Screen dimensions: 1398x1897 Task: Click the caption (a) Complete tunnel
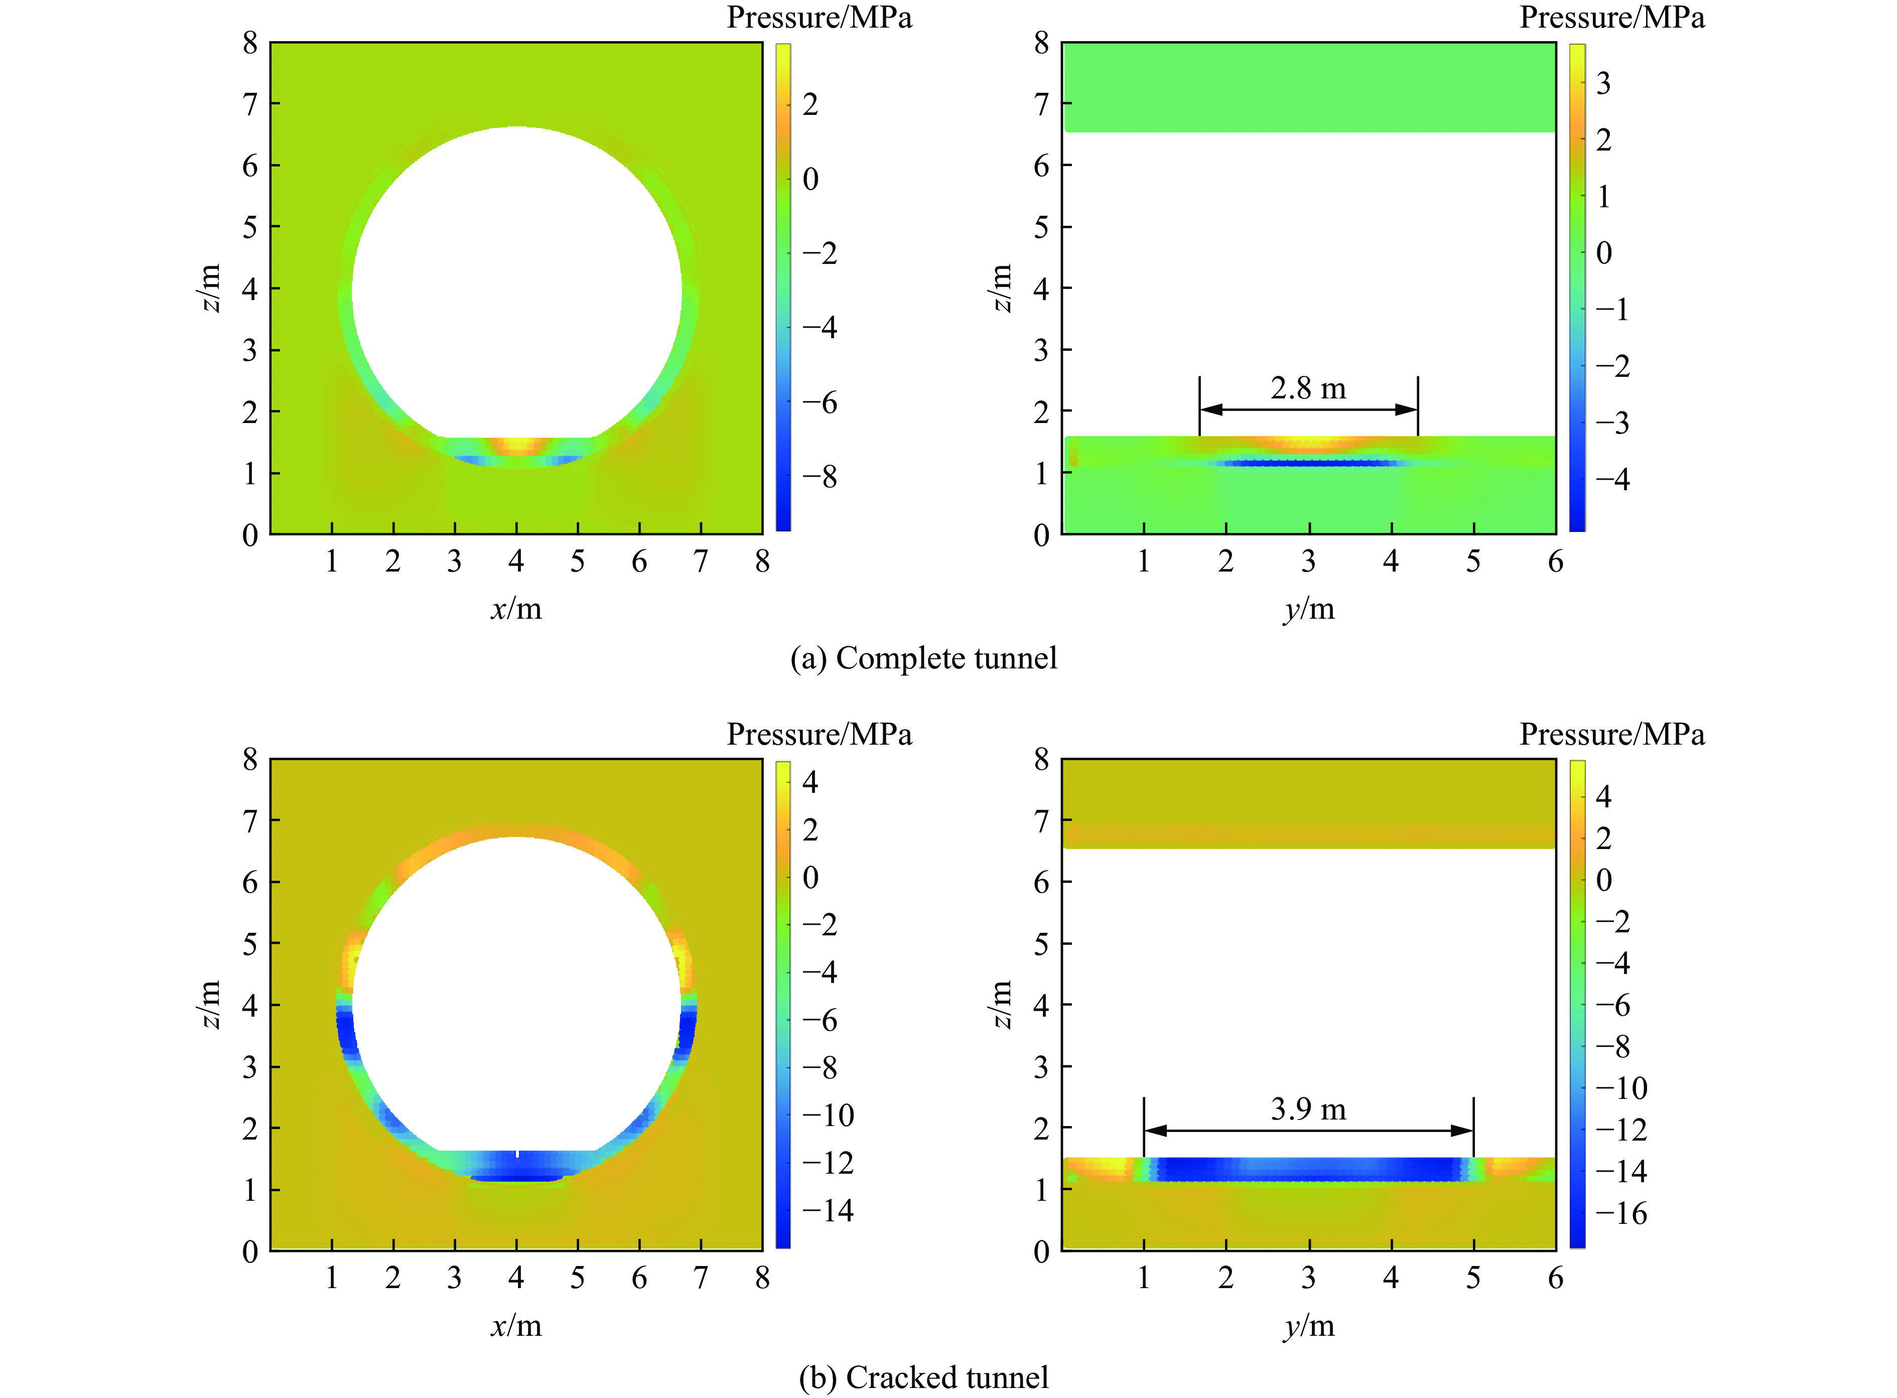coord(923,658)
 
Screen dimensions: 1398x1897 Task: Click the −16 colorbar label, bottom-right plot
coord(1620,1213)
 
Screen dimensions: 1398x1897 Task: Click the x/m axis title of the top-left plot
coord(516,609)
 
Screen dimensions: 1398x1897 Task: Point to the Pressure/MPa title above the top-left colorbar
coord(819,18)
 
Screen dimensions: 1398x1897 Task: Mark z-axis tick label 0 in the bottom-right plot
coord(1041,1251)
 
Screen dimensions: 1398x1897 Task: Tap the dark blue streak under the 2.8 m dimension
coord(1309,463)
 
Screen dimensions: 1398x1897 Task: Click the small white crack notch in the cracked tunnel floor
coord(517,1154)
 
